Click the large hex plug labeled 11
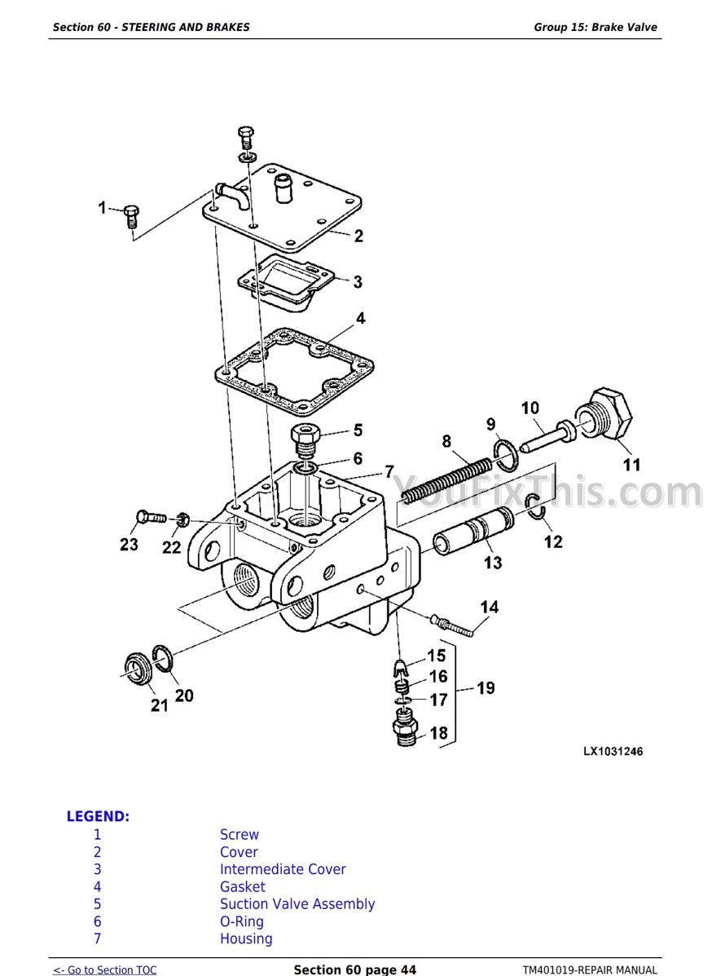click(605, 415)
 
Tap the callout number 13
click(493, 563)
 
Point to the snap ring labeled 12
click(535, 505)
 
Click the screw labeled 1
click(131, 216)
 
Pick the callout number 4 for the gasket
click(361, 319)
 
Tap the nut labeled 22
click(182, 519)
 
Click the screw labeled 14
click(451, 625)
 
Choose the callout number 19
click(486, 688)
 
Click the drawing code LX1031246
click(613, 751)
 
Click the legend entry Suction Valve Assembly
click(297, 903)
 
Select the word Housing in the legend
click(246, 938)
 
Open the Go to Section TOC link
click(104, 969)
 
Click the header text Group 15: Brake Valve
click(595, 27)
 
